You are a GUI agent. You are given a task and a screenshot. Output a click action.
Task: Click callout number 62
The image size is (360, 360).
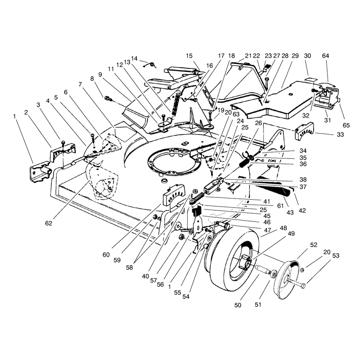point(49,223)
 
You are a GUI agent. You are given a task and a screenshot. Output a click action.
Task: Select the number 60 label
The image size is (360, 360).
point(106,255)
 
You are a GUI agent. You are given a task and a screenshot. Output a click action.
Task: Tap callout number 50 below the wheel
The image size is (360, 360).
point(238,305)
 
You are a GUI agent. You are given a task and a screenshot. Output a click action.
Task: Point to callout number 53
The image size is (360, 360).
point(336,256)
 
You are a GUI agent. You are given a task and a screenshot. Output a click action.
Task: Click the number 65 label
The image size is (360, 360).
point(346,126)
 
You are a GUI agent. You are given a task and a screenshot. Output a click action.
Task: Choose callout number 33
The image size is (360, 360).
point(340,135)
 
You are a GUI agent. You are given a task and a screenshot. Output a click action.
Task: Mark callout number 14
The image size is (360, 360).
point(134,58)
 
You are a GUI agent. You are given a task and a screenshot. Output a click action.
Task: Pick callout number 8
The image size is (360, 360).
point(92,79)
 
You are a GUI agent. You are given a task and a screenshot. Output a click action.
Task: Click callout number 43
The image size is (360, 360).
point(290,212)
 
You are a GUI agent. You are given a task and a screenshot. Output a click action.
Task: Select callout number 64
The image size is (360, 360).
point(325,56)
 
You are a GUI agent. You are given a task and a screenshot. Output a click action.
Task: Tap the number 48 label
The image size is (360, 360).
point(283,228)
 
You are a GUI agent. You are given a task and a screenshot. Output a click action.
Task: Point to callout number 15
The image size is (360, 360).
point(189,56)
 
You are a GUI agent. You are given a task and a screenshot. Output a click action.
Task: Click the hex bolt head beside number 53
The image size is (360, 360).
point(303,286)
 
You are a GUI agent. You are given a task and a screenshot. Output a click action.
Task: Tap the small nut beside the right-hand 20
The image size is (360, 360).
point(302,270)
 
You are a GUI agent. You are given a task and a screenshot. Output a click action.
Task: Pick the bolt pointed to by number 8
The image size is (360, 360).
point(108,99)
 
